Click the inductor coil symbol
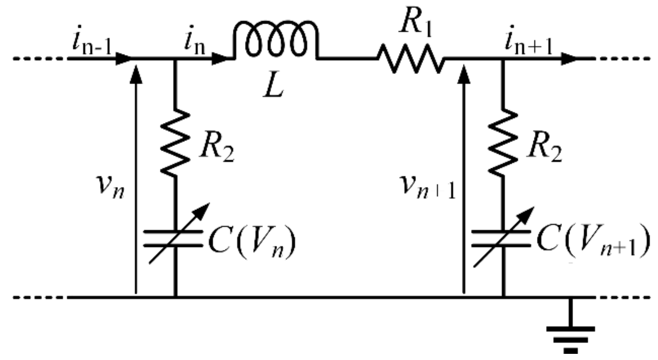click(275, 41)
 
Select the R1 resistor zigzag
click(410, 59)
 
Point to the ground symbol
click(571, 338)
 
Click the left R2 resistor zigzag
click(175, 142)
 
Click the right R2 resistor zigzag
click(503, 142)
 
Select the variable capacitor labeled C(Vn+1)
click(502, 238)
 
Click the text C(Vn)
click(252, 243)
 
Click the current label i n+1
click(528, 43)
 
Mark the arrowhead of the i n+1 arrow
click(569, 59)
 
